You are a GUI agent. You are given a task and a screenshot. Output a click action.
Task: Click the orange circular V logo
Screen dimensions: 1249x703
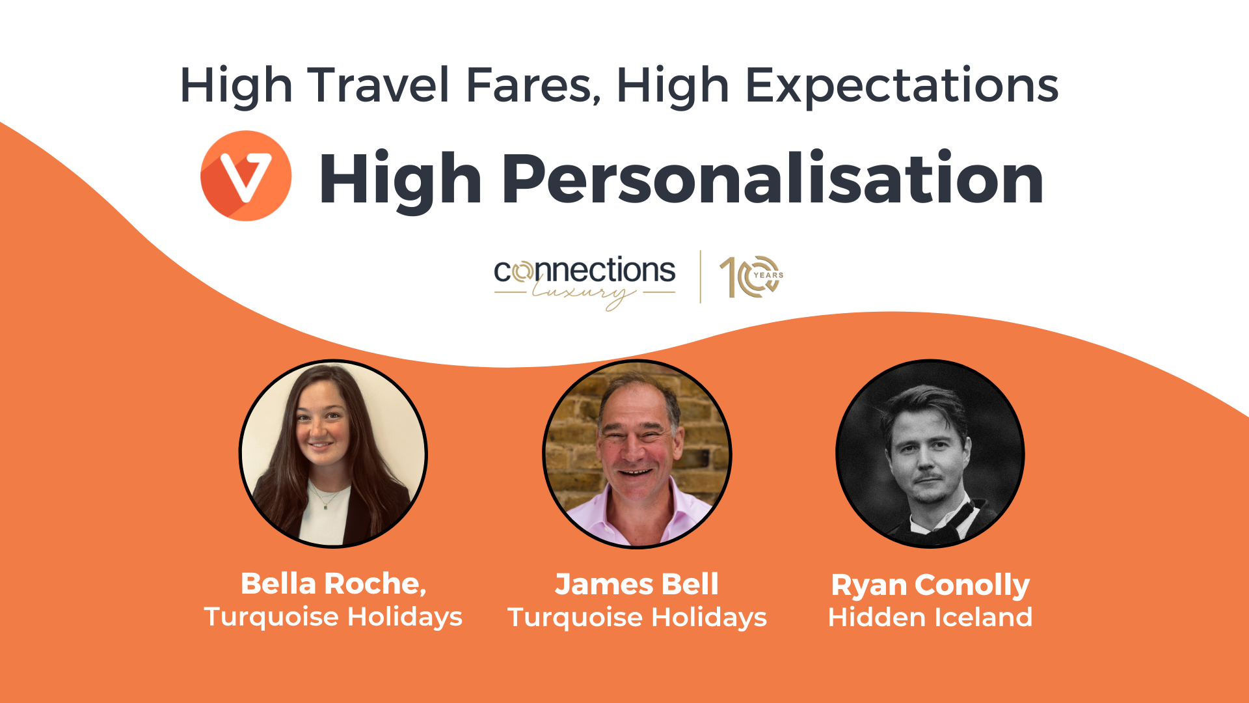click(246, 176)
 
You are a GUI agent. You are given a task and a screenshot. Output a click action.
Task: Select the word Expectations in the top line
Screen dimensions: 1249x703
click(902, 87)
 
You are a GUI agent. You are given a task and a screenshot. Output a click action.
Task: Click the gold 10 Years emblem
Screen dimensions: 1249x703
click(751, 277)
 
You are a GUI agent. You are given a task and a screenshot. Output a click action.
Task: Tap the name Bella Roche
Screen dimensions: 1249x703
click(334, 584)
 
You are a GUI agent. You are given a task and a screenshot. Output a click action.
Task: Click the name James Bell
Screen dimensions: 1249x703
click(637, 584)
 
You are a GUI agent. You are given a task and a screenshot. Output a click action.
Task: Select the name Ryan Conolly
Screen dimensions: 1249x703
click(930, 586)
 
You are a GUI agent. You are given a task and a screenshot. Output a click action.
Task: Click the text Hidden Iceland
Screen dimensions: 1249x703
click(930, 617)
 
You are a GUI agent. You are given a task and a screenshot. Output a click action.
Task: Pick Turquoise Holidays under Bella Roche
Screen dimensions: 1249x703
click(333, 617)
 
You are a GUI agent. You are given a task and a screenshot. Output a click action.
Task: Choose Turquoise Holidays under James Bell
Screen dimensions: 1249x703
click(637, 618)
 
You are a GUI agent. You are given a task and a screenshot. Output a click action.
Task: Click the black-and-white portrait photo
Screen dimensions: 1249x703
click(930, 454)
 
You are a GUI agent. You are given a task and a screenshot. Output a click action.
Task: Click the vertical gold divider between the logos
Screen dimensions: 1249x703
click(700, 277)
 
